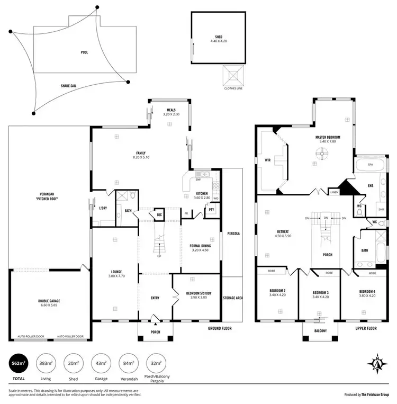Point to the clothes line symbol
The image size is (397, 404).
pos(234,76)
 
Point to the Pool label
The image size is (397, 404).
pos(85,52)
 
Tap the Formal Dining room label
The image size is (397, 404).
pos(201,247)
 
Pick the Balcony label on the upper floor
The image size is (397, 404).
pos(319,331)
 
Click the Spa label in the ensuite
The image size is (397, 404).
pos(369,165)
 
